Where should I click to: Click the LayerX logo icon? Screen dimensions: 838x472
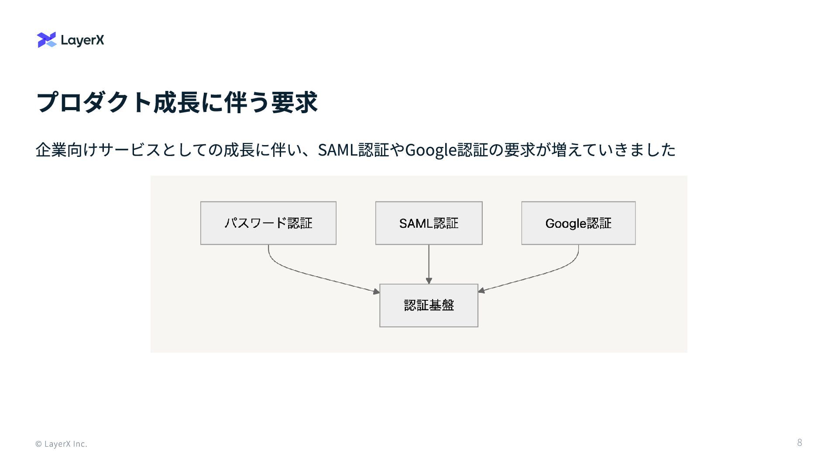tap(47, 40)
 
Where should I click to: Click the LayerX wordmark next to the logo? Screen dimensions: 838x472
tap(82, 40)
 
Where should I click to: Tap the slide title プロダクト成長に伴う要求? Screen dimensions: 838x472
tap(176, 102)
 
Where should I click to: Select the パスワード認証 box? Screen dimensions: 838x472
tap(268, 223)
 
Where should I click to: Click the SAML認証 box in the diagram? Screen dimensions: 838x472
tap(429, 223)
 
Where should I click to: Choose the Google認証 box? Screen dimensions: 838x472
tap(578, 223)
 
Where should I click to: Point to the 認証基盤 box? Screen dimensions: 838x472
tap(429, 305)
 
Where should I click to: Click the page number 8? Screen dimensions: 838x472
tap(800, 442)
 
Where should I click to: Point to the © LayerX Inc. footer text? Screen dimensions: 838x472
tap(61, 444)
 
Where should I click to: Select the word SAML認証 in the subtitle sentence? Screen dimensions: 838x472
tap(353, 150)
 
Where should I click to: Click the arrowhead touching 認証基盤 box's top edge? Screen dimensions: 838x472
tap(429, 281)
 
